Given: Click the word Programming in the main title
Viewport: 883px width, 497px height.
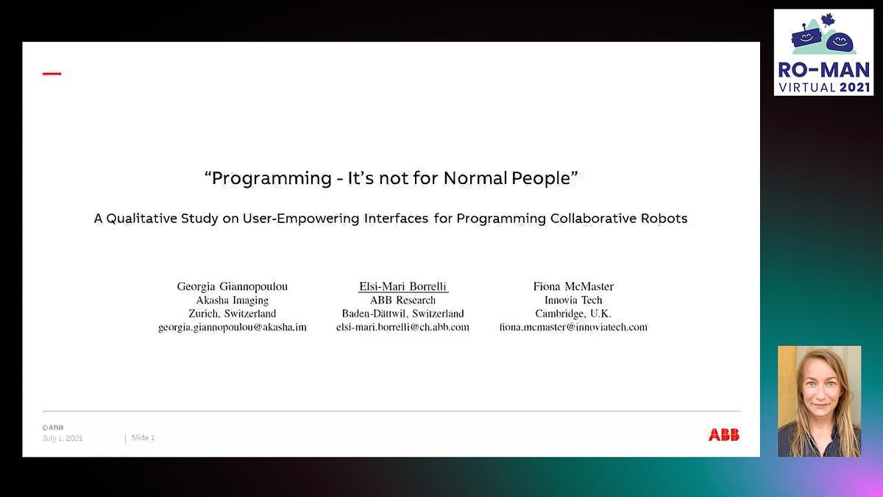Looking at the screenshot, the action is point(272,179).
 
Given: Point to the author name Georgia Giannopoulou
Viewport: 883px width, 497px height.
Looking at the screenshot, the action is point(233,286).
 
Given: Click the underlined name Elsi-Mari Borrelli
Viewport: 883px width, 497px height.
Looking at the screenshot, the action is point(403,286).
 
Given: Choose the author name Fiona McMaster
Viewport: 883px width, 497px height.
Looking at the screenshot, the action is point(573,286).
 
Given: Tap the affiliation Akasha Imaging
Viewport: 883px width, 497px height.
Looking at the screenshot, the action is point(233,300).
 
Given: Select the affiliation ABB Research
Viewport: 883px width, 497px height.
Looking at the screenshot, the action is point(403,300).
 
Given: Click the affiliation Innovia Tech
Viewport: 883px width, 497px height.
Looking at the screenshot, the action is point(573,300).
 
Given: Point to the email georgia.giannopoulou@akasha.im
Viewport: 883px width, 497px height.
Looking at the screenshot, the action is point(233,328).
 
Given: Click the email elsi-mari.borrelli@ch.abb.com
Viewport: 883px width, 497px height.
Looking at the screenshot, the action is point(403,327).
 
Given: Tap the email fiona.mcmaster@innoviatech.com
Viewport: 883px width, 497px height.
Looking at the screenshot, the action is point(573,327).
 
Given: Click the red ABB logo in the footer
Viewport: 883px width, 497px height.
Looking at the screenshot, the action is point(724,434).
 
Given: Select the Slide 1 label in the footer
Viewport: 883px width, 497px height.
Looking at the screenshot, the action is point(143,437).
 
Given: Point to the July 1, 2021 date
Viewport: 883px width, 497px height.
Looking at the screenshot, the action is point(63,438).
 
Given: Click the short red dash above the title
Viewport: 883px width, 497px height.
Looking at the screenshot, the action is point(52,74).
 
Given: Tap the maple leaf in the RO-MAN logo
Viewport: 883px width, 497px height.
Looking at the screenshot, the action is point(828,21).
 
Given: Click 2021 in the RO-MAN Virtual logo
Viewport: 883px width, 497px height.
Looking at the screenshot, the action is point(854,87).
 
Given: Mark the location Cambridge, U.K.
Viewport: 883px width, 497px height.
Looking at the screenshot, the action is point(573,314).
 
